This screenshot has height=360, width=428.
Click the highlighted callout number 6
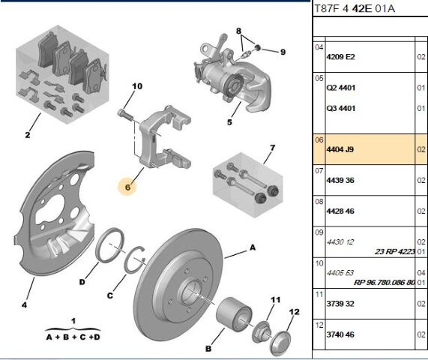point(127,187)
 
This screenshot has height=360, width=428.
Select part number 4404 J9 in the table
point(340,149)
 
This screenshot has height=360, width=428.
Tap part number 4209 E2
point(340,57)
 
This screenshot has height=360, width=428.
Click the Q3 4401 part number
point(341,109)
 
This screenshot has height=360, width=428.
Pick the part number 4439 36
point(340,180)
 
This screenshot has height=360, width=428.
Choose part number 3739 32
point(340,304)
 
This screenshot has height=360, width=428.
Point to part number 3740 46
point(340,334)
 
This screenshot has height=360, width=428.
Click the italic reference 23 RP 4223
point(395,251)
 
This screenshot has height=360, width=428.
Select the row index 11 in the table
point(319,295)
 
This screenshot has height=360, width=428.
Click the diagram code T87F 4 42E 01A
point(355,8)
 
